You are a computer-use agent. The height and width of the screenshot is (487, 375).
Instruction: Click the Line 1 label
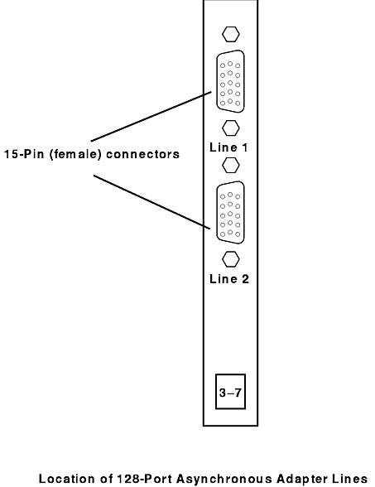pos(228,147)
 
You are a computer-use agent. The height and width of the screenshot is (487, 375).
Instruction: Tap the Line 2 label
pos(229,278)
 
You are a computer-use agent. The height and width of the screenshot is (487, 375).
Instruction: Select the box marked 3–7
pos(230,392)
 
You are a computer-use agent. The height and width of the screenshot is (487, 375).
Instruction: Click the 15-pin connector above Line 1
pos(230,81)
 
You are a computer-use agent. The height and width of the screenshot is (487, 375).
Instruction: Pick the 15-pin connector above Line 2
pos(230,212)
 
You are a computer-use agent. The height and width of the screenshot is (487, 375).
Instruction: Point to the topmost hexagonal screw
pos(231,34)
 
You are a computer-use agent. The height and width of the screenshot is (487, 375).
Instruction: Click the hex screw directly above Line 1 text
pos(231,128)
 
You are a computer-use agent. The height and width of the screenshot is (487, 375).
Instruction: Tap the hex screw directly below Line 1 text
pos(231,165)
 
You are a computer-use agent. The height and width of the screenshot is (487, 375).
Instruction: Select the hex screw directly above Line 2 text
pos(231,259)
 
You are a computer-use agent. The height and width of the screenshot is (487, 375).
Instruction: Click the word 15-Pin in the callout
pos(24,154)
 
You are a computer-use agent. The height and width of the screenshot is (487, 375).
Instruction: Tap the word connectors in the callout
pos(142,154)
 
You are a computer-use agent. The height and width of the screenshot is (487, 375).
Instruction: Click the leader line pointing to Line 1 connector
pos(151,116)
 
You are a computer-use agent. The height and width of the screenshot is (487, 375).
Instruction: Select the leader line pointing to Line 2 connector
pos(152,202)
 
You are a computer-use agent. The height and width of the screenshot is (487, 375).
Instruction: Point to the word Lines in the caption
pos(351,479)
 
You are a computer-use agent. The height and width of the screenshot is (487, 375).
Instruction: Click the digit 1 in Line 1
pos(245,147)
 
